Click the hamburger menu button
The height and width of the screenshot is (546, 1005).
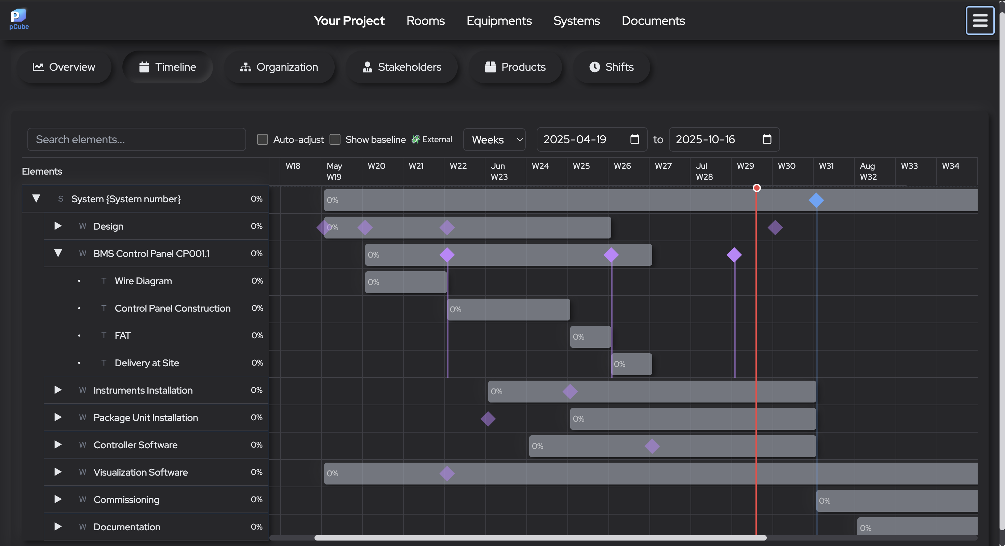coord(980,21)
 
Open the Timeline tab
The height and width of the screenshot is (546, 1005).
coord(168,67)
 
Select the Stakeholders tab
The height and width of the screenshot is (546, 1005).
coord(402,67)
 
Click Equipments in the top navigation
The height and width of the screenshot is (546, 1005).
coord(499,21)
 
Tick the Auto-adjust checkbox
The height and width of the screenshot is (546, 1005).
coord(263,140)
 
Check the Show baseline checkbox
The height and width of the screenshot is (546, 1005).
coord(335,140)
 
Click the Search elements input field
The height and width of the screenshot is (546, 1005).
coord(136,140)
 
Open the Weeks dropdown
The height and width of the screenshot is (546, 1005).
coord(494,140)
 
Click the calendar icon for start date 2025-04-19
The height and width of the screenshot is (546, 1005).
coord(634,139)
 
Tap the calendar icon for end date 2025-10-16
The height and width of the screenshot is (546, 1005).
coord(767,139)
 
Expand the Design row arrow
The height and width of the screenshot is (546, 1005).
coord(58,226)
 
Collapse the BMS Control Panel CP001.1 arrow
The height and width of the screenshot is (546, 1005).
coord(58,254)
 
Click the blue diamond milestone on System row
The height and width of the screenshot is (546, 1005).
coord(816,200)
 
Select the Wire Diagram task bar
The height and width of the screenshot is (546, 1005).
coord(406,282)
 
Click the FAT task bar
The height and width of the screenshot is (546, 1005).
coord(590,337)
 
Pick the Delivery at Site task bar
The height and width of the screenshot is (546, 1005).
coord(631,364)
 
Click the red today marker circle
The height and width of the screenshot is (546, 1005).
coord(756,188)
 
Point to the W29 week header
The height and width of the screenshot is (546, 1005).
coord(745,166)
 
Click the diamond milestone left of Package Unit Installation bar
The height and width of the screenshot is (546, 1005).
coord(488,419)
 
